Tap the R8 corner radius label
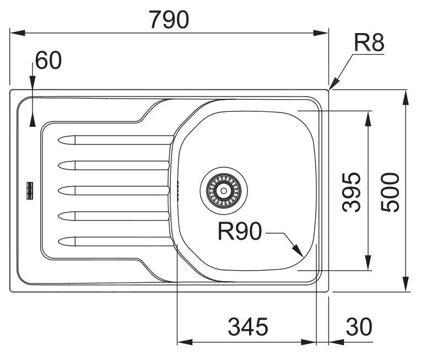[x=369, y=42]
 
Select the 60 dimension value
[x=48, y=61]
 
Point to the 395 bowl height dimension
[x=351, y=191]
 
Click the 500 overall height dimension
[x=390, y=191]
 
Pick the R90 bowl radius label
[x=239, y=232]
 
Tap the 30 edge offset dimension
[x=359, y=327]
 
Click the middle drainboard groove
[x=113, y=190]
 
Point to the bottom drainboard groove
[x=113, y=241]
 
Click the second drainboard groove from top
[x=113, y=165]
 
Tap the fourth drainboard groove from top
[x=113, y=216]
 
